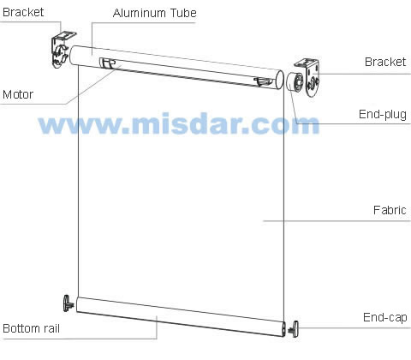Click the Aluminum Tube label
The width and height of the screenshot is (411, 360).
154,13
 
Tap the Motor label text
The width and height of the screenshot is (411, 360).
18,94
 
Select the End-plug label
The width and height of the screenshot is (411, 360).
383,115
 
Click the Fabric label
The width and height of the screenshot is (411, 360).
390,210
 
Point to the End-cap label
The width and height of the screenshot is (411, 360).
385,317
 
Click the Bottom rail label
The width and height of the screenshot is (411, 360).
31,328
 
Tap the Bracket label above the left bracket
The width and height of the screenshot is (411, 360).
23,12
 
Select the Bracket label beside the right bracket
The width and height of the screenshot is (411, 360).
385,62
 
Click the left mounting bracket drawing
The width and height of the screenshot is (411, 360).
63,49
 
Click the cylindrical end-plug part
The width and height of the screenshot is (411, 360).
295,82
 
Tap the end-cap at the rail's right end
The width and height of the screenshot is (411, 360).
294,329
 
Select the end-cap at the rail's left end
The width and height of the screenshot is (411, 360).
68,303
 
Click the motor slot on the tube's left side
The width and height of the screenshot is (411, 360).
107,63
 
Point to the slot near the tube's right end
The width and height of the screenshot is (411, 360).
263,81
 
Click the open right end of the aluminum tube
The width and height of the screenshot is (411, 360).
279,80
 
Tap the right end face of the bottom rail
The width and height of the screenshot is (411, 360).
283,328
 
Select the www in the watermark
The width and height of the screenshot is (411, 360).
80,126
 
